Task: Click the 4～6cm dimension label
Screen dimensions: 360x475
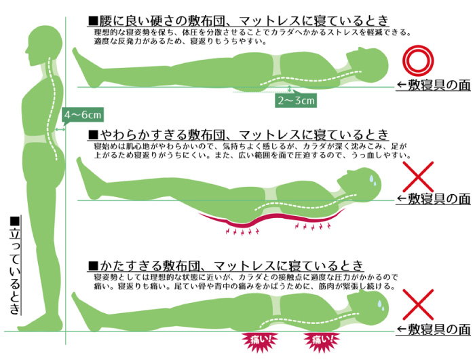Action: point(81,115)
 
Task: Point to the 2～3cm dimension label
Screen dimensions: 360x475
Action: point(295,101)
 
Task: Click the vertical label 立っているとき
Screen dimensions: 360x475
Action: point(15,266)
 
